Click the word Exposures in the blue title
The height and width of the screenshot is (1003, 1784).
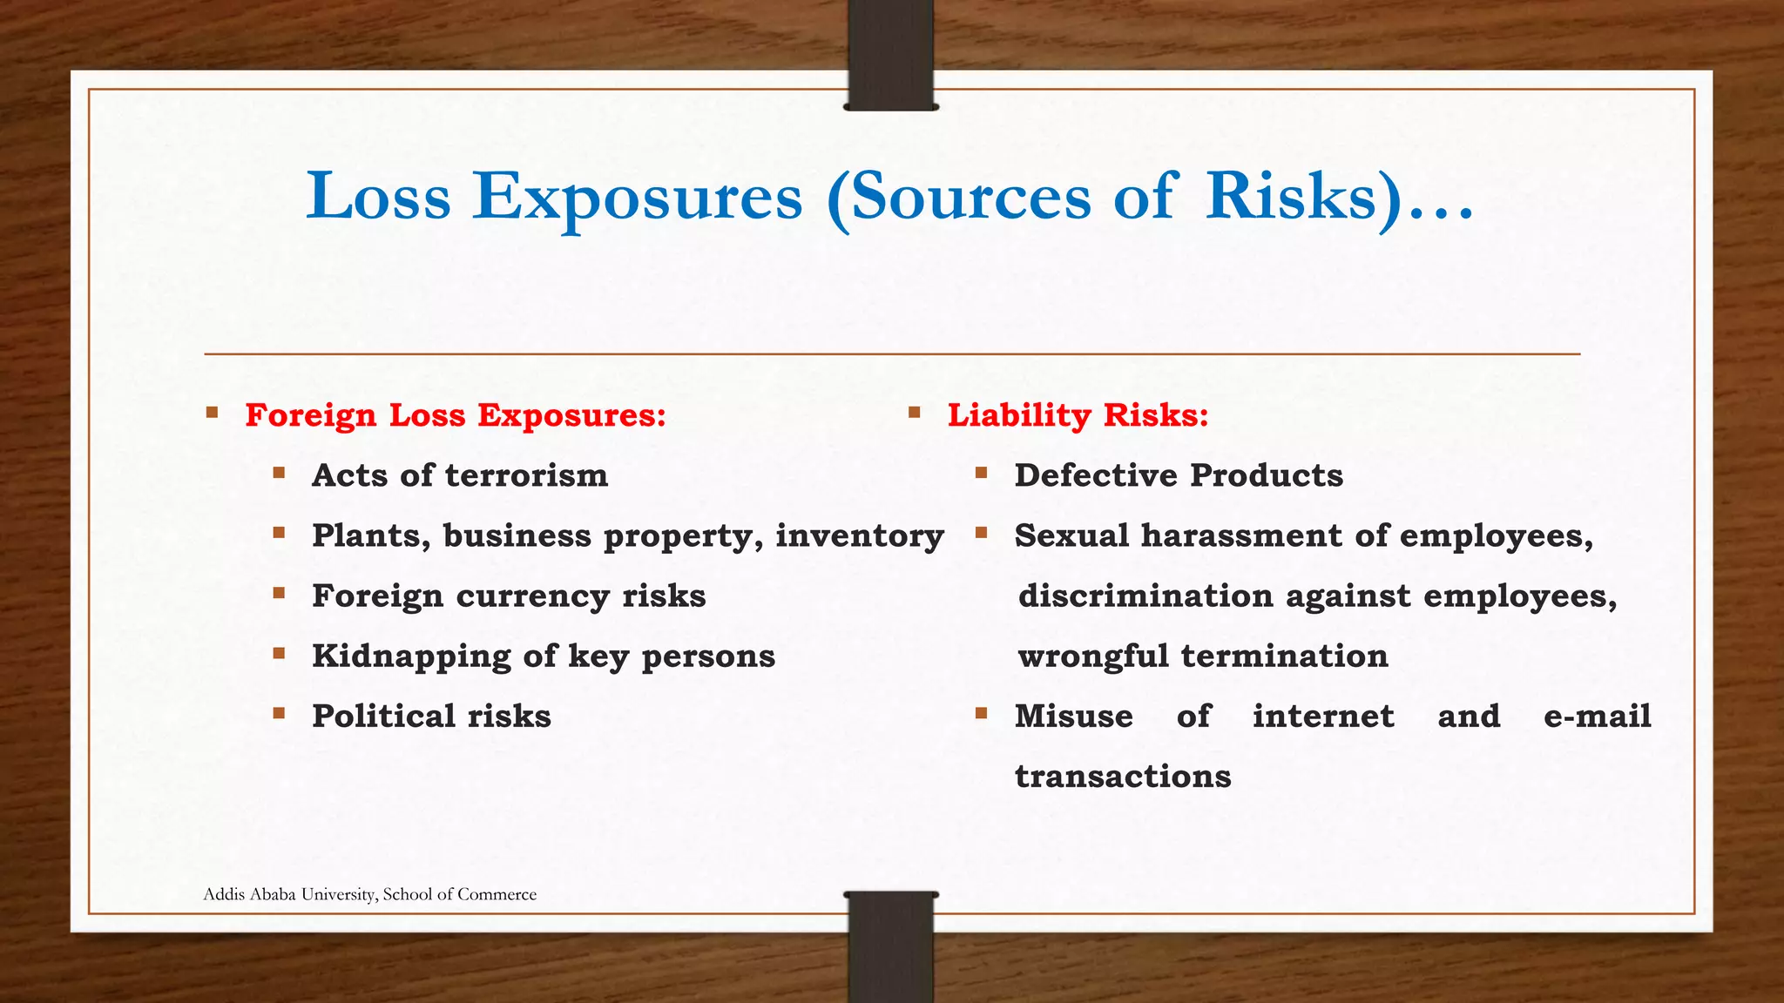(x=637, y=197)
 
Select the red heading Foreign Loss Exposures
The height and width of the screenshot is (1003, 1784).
(x=456, y=415)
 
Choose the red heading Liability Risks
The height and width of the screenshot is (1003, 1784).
(x=1078, y=415)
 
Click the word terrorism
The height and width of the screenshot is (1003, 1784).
(x=526, y=475)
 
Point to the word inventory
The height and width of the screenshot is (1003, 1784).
(x=860, y=535)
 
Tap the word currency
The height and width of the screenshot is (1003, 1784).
(x=532, y=596)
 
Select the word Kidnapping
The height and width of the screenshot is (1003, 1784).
(x=410, y=656)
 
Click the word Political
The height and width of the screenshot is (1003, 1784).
(x=382, y=716)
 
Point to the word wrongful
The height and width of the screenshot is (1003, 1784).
(x=1092, y=656)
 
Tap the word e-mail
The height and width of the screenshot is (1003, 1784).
(x=1597, y=716)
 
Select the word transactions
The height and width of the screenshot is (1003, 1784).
(x=1123, y=776)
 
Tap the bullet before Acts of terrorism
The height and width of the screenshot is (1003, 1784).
(x=279, y=474)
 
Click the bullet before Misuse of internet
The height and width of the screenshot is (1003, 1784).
(x=981, y=714)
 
